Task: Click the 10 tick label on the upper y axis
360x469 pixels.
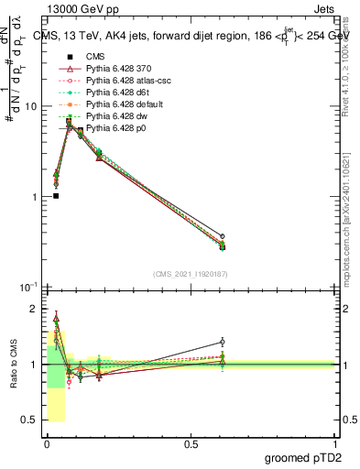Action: point(30,106)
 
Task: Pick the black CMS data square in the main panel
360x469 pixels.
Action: point(56,195)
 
